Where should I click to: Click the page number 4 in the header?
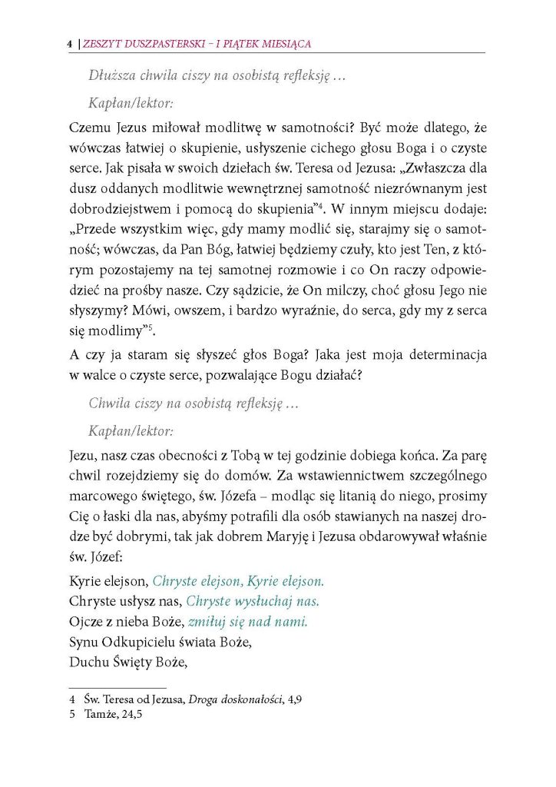tap(70, 45)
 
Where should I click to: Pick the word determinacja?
tap(451, 356)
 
